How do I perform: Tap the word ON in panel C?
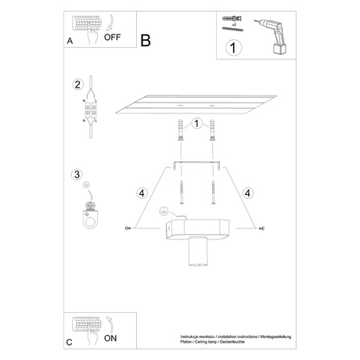[112, 339]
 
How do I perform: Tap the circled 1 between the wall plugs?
[196, 123]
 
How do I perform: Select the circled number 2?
[77, 85]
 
